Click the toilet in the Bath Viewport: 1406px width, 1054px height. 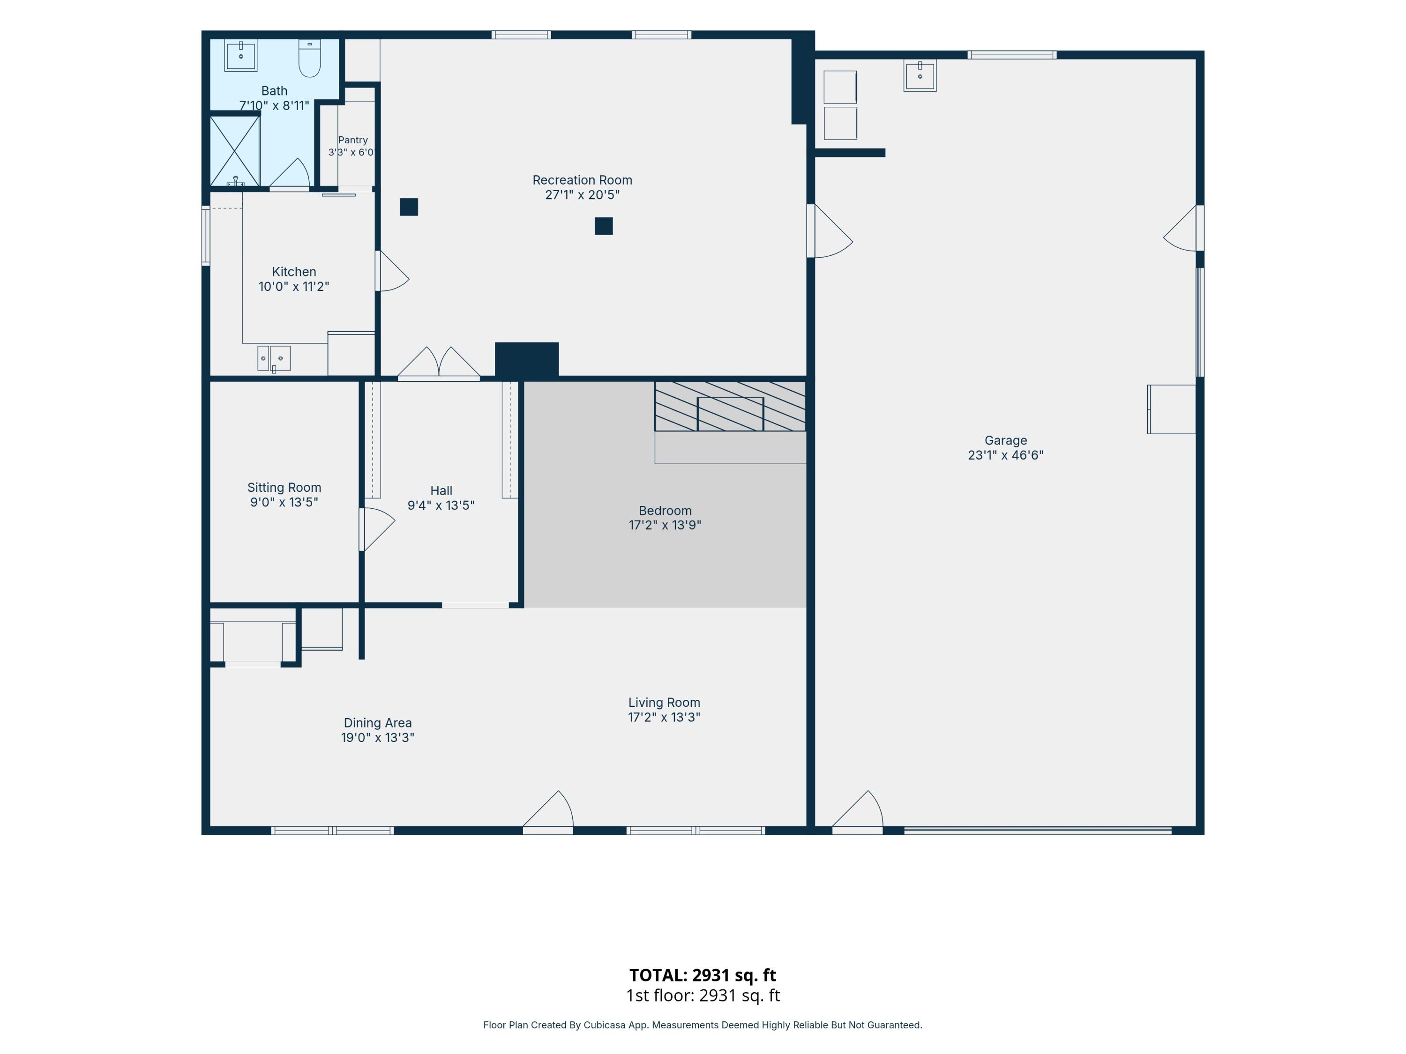pyautogui.click(x=309, y=59)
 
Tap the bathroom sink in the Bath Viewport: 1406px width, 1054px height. pyautogui.click(x=241, y=56)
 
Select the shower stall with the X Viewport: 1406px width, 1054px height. pyautogui.click(x=234, y=151)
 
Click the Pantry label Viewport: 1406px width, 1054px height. pyautogui.click(x=353, y=140)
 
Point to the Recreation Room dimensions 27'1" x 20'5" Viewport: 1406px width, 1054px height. pyautogui.click(x=582, y=195)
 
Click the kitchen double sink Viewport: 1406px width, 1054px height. pyautogui.click(x=274, y=358)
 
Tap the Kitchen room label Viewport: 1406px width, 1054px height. pyautogui.click(x=294, y=272)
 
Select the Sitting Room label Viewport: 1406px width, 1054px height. pyautogui.click(x=284, y=487)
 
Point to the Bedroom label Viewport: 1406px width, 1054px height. pyautogui.click(x=665, y=510)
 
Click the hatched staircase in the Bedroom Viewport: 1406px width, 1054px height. pyautogui.click(x=730, y=406)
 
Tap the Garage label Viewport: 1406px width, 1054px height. pyautogui.click(x=1006, y=440)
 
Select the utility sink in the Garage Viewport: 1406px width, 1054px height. pyautogui.click(x=920, y=75)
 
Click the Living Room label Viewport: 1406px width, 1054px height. pyautogui.click(x=664, y=702)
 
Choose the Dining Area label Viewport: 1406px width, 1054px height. pyautogui.click(x=378, y=722)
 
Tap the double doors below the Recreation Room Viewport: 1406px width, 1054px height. pyautogui.click(x=439, y=364)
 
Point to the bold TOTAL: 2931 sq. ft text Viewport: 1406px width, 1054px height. pyautogui.click(x=703, y=975)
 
